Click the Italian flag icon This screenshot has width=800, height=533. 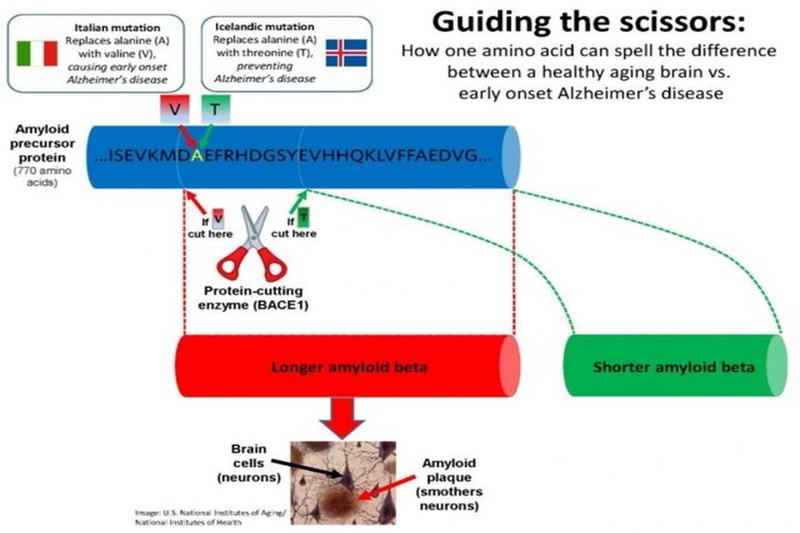(37, 53)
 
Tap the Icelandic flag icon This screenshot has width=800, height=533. (345, 53)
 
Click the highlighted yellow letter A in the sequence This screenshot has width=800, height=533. (197, 155)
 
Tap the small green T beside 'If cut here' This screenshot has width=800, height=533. (304, 216)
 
